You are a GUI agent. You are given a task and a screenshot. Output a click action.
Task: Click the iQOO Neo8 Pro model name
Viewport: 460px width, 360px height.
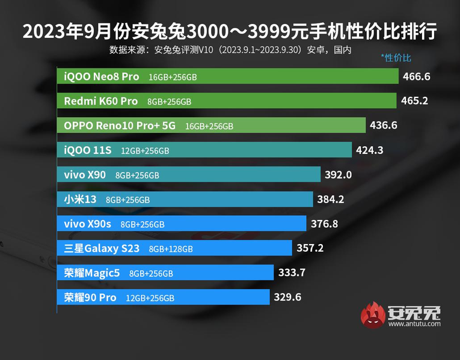coord(102,76)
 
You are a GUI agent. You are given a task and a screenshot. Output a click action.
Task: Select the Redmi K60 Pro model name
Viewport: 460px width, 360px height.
coord(101,101)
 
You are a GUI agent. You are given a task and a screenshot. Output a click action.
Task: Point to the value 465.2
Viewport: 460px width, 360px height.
coord(414,101)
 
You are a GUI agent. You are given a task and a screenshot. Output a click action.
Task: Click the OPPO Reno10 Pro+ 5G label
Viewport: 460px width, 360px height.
coord(121,126)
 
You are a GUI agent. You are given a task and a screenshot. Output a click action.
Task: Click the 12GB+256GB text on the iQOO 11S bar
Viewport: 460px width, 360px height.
coord(145,150)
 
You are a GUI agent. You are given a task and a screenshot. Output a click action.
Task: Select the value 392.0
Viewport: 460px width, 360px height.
coord(338,174)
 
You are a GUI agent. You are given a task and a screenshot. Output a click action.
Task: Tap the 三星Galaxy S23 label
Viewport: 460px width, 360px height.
coord(103,248)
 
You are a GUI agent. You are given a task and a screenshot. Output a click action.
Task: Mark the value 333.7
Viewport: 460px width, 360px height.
coord(292,273)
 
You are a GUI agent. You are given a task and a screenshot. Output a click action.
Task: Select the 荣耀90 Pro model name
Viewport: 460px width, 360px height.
coord(90,297)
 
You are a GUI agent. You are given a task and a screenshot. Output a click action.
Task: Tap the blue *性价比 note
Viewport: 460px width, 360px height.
coord(396,58)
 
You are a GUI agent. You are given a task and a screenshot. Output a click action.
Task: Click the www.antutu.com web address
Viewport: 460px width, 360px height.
coord(414,324)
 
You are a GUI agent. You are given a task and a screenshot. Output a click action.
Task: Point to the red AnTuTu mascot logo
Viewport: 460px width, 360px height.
coord(373,316)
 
